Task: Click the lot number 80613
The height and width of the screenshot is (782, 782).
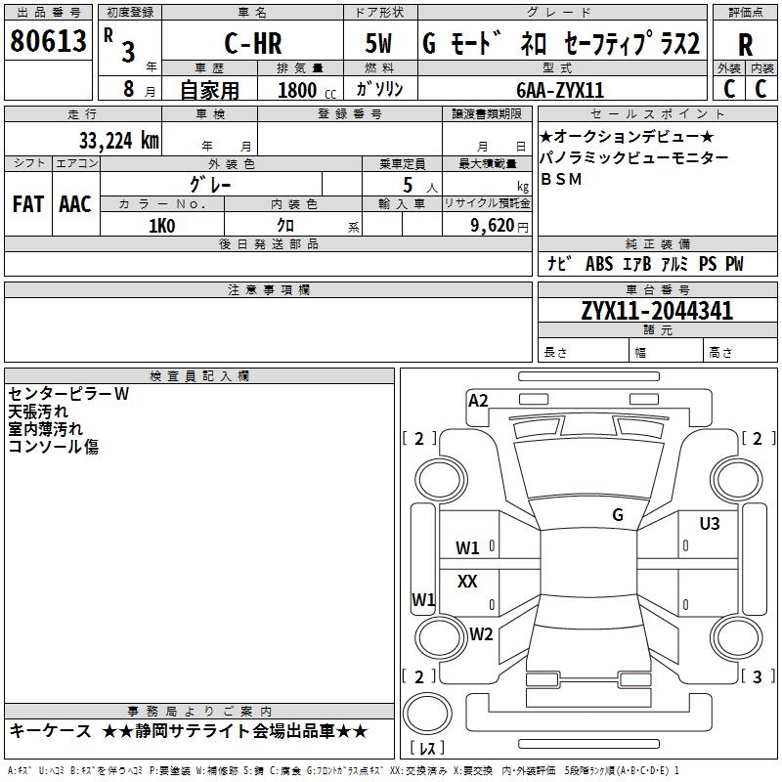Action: click(48, 40)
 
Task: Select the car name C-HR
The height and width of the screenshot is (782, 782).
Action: click(253, 43)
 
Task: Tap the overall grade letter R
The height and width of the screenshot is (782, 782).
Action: click(745, 45)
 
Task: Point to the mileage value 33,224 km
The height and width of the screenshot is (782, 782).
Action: click(118, 141)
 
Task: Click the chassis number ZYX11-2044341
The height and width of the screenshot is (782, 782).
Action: click(657, 311)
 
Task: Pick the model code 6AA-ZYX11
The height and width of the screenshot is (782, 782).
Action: click(560, 90)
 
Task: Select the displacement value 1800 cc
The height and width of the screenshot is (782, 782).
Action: click(307, 90)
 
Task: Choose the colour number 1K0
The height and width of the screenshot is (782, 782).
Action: click(161, 226)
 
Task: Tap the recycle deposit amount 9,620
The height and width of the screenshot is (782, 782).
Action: click(493, 226)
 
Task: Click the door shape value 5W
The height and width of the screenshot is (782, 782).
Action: click(378, 43)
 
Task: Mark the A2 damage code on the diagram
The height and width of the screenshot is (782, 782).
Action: click(478, 401)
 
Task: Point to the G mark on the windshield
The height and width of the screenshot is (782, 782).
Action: click(618, 515)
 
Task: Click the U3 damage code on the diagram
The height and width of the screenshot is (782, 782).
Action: click(710, 524)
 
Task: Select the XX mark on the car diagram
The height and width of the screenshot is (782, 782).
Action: click(467, 581)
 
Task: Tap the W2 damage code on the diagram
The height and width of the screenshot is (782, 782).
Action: click(481, 633)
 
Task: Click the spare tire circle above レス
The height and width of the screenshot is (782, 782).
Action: click(427, 714)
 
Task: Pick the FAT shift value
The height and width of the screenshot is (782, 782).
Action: click(28, 204)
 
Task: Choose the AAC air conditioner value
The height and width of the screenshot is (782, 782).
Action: click(75, 204)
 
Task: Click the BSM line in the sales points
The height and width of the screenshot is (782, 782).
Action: click(561, 179)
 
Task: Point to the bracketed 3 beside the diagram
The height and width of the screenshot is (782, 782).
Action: click(757, 676)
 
